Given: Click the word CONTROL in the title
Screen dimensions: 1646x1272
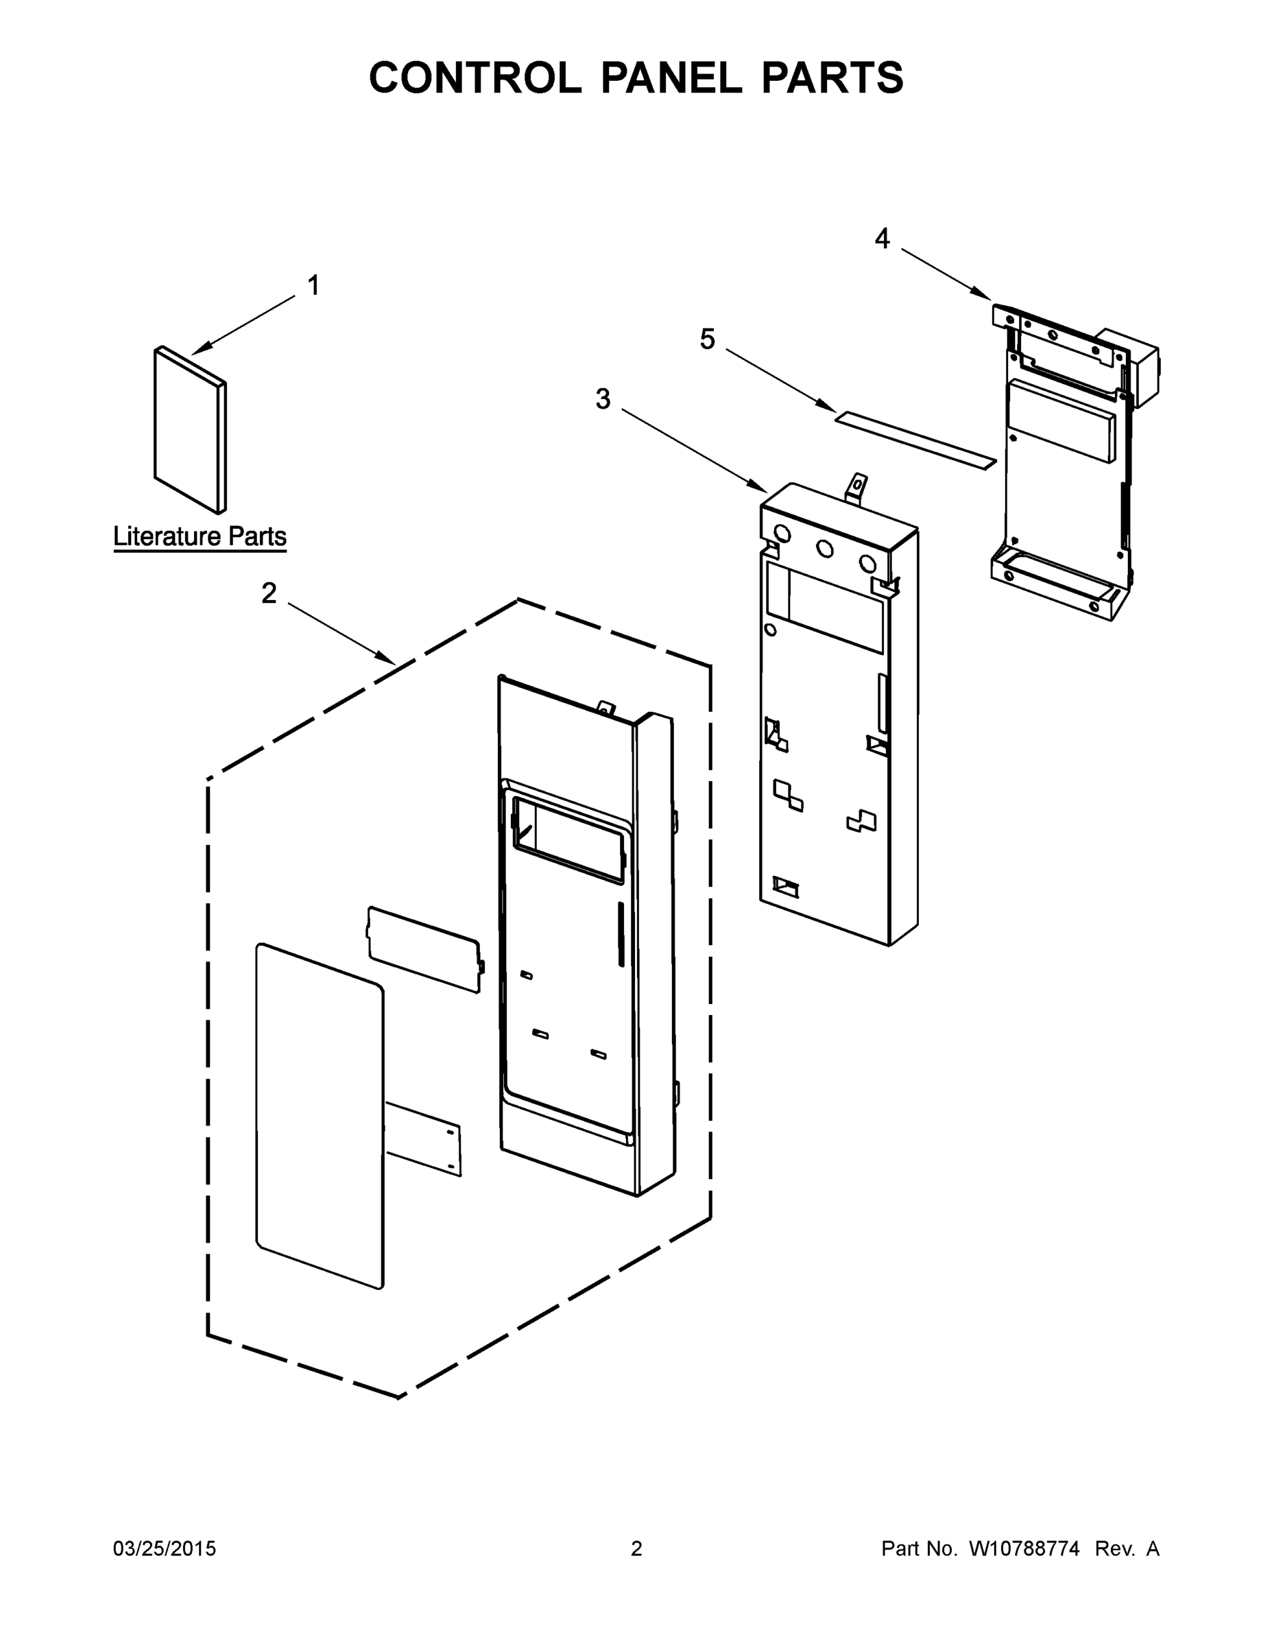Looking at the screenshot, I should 475,77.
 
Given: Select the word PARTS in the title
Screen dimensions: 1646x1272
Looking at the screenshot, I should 832,77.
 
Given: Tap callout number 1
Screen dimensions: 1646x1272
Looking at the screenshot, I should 313,285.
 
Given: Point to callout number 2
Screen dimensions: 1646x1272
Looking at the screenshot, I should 269,594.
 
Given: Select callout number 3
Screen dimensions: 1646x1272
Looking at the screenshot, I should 603,398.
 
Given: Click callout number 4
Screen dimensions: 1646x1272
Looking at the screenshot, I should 882,239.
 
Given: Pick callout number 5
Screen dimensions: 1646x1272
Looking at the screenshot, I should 707,339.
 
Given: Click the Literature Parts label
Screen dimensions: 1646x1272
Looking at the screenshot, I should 200,536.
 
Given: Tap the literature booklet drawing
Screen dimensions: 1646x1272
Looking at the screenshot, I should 189,429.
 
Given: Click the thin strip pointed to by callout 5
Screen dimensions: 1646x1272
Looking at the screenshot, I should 915,440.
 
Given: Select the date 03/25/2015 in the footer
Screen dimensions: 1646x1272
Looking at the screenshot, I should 165,1548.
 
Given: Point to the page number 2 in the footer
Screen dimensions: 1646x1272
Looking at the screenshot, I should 636,1548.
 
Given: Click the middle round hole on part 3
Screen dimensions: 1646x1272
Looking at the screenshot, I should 825,549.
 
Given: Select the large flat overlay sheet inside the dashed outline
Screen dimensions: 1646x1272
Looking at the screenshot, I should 320,1115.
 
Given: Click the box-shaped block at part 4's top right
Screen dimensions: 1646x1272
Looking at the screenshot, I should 1128,366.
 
